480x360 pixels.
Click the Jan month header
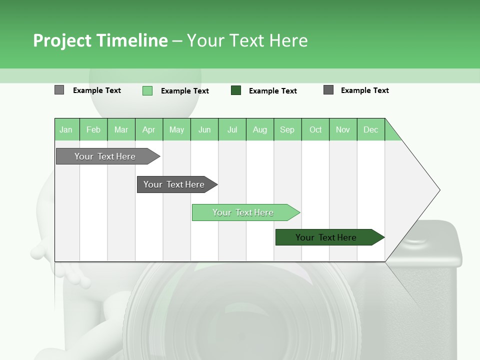coord(66,129)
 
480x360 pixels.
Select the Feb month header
coord(93,129)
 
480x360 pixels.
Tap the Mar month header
coord(121,129)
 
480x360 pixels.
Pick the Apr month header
coord(149,129)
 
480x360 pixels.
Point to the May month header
coord(176,129)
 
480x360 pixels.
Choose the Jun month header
coord(204,129)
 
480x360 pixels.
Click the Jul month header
coord(232,129)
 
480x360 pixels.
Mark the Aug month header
coord(260,129)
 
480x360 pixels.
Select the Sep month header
coord(287,129)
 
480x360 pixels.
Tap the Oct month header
coord(315,129)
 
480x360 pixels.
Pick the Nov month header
coord(343,129)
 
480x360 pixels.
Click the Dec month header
coord(371,129)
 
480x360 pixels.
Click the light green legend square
coord(147,90)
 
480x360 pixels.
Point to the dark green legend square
coord(236,90)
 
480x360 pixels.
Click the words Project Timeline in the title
coord(100,40)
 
